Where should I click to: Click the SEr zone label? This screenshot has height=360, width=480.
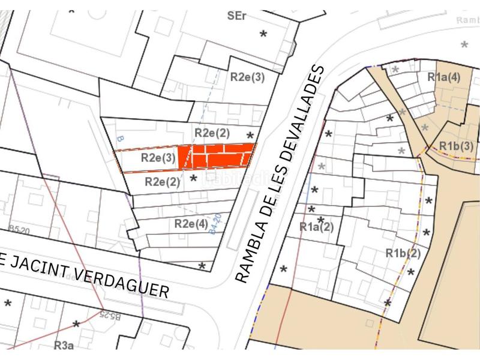click(237, 17)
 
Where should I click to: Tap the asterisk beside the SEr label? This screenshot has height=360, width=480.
click(263, 34)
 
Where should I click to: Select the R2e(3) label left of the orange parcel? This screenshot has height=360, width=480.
click(158, 158)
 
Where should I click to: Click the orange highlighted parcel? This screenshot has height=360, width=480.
click(216, 156)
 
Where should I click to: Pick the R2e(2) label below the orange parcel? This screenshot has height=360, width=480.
click(162, 182)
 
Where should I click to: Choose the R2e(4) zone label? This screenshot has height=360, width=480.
click(191, 224)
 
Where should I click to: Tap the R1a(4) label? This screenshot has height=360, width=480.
click(443, 77)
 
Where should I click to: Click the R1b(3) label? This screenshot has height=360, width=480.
click(456, 146)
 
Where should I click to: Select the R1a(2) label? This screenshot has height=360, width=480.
click(316, 227)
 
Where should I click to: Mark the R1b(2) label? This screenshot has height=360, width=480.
click(404, 253)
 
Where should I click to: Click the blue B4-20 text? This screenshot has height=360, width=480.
click(217, 224)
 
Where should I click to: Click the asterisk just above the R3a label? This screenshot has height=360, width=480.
click(76, 325)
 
